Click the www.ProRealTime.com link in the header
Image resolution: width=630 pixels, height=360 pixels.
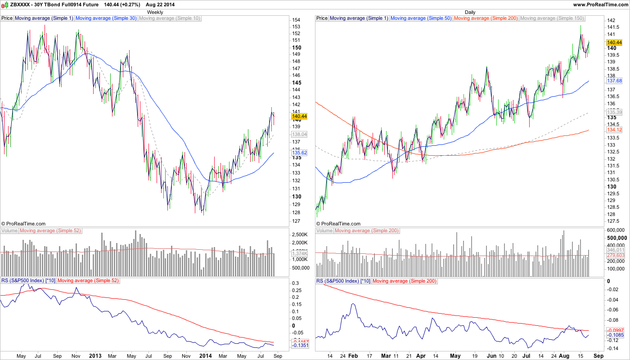(x=600, y=4)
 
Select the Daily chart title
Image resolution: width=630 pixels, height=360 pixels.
(x=470, y=12)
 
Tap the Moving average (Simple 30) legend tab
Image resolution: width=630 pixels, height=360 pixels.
(x=106, y=18)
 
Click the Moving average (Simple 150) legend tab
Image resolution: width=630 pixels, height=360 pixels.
(x=552, y=18)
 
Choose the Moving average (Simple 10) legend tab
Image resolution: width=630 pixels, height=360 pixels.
(x=169, y=18)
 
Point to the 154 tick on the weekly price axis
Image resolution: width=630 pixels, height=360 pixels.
(x=296, y=20)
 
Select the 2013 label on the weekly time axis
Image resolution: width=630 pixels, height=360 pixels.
(x=95, y=355)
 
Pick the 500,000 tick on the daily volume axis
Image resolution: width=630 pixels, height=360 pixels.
(x=616, y=238)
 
